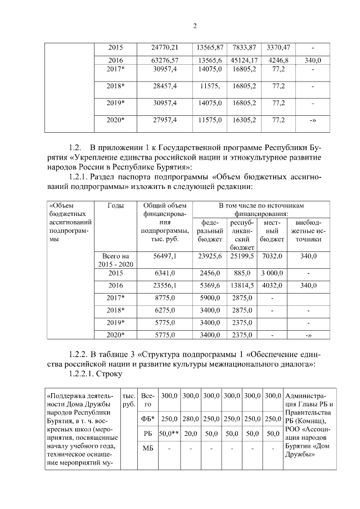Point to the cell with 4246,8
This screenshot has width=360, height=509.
(x=278, y=60)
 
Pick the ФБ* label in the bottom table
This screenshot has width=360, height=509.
(x=148, y=418)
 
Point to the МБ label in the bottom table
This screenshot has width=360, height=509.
(x=148, y=448)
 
